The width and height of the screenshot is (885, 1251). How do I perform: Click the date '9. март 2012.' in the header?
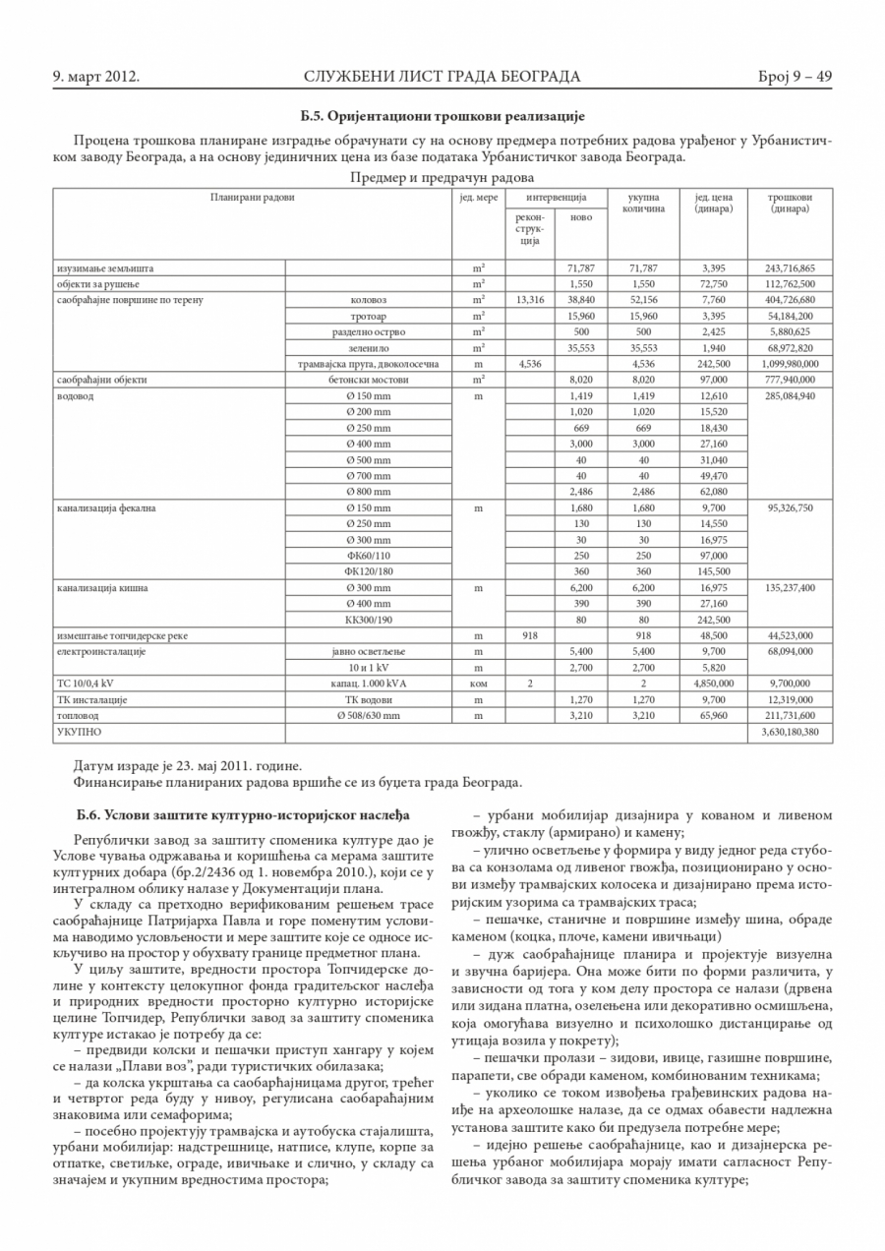[x=95, y=76]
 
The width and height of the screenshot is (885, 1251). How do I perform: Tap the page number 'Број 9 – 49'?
[x=796, y=76]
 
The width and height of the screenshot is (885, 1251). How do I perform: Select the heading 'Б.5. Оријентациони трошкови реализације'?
[x=442, y=115]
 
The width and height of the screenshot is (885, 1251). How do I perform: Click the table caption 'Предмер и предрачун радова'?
[x=442, y=178]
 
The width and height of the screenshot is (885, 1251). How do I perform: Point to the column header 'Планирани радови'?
[x=252, y=198]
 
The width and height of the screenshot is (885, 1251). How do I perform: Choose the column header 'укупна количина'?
[x=643, y=203]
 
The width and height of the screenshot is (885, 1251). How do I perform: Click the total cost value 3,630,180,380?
[x=790, y=732]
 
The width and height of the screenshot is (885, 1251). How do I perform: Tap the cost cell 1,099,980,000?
[x=790, y=363]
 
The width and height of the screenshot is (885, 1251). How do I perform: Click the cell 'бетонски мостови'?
[x=368, y=379]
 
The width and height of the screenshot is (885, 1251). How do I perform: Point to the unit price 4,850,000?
[x=713, y=684]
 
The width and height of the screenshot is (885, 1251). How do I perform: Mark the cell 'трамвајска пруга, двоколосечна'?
[x=368, y=363]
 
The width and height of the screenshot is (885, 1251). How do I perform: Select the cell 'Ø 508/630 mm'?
[x=368, y=715]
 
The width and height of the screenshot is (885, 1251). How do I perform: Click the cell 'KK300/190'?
[x=368, y=620]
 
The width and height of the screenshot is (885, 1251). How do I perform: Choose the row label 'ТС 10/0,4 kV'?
[x=86, y=684]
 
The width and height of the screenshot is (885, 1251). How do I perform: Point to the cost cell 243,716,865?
[x=790, y=268]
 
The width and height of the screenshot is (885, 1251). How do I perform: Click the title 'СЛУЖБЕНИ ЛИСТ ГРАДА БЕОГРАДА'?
[x=442, y=76]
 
